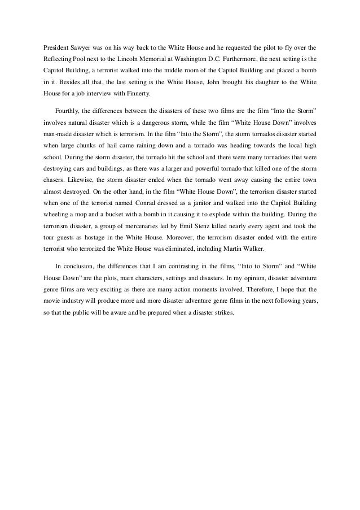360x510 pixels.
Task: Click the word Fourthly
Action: [69, 109]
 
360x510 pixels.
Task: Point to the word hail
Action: [111, 145]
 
